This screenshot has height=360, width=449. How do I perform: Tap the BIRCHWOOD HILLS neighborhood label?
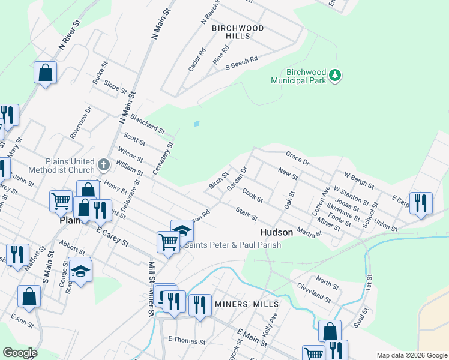point(238,32)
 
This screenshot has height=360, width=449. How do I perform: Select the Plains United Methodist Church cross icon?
point(103,164)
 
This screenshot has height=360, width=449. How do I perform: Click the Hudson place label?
point(276,232)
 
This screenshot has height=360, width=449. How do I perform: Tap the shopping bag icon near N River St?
point(45,73)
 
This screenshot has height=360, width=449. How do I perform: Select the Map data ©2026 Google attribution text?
point(411,355)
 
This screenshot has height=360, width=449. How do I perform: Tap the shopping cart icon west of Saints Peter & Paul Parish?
point(169,242)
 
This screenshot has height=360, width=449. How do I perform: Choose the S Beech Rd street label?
point(241,61)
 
